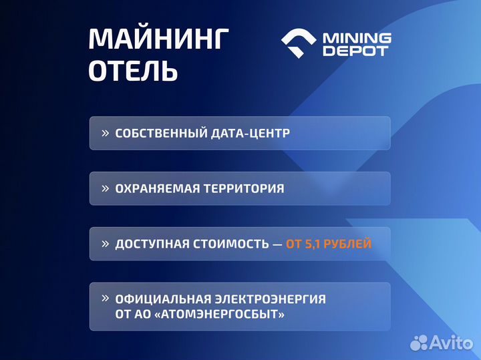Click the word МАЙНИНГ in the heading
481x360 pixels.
158,39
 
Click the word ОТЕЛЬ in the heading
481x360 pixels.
133,71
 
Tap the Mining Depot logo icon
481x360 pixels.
298,44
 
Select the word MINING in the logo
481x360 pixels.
357,38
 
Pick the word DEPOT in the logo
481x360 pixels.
355,51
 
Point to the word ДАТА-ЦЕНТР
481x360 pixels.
257,134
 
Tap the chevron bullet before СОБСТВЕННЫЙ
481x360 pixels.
105,133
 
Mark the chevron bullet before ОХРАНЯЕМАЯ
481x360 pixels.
105,188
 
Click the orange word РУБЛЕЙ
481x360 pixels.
350,244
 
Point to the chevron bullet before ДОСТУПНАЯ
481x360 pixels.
105,244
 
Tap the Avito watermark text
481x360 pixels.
451,343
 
